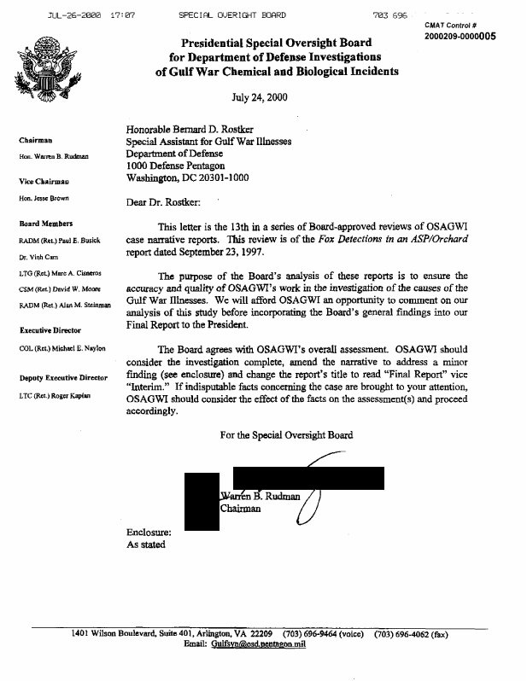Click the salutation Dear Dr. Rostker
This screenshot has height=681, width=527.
(165, 204)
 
